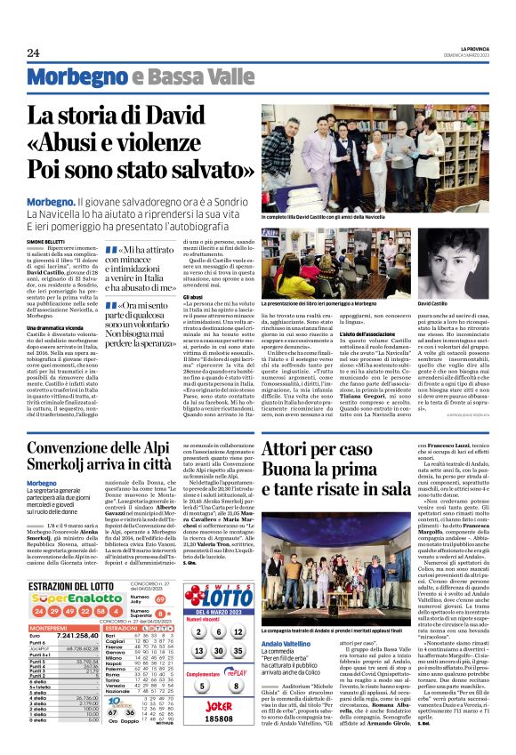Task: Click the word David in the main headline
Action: pos(195,116)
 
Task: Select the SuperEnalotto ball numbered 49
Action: pos(51,587)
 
